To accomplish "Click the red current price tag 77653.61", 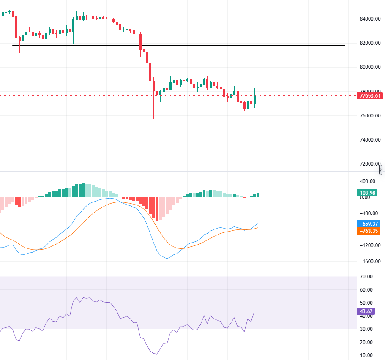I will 370,96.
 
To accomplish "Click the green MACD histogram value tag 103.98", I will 368,193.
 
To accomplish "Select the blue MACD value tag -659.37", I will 369,224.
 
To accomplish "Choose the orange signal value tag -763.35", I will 369,231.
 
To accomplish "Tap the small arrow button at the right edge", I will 381,170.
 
